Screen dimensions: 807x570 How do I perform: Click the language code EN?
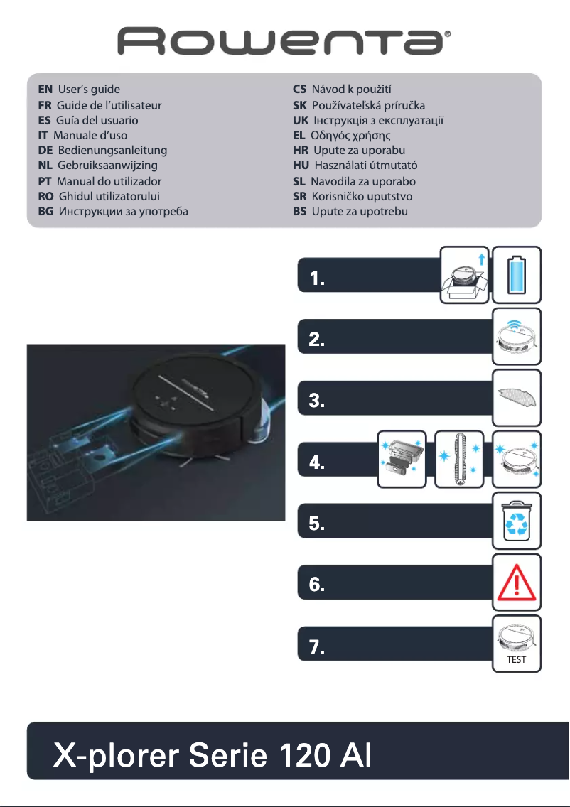click(45, 90)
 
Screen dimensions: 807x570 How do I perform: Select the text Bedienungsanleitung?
click(112, 151)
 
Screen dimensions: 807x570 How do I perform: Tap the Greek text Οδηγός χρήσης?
click(351, 135)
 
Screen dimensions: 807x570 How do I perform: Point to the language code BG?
click(46, 212)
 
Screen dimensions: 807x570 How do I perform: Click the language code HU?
click(301, 166)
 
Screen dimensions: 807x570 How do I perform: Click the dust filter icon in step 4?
click(402, 460)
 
